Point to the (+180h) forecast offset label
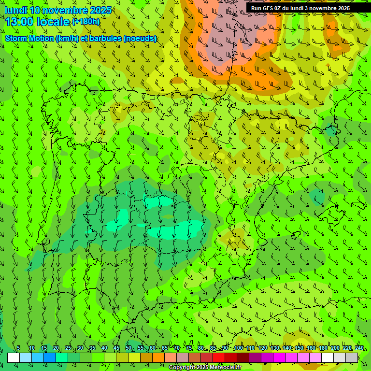86,22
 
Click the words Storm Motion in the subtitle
30,38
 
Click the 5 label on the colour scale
18,348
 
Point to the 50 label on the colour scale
128,348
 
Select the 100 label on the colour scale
238,348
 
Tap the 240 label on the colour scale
359,348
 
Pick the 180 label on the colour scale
323,348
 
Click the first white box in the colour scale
14,357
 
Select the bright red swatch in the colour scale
219,357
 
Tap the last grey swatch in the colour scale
352,357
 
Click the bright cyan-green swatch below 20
62,357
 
